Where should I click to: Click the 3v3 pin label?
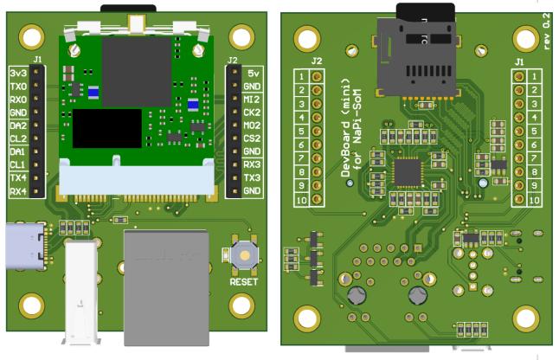(18, 73)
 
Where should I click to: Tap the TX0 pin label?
(18, 87)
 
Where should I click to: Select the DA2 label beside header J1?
(18, 125)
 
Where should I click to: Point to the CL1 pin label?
(18, 164)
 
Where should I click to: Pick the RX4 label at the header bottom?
(18, 191)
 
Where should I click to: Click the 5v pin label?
(254, 74)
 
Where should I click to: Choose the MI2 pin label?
(252, 100)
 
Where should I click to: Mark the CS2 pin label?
(252, 138)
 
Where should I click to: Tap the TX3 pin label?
(252, 177)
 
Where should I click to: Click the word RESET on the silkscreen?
(244, 282)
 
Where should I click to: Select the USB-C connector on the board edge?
(26, 246)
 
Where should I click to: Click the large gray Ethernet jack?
(166, 287)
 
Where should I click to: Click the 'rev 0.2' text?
(546, 31)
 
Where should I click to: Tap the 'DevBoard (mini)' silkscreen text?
(346, 128)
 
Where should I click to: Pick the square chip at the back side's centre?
(408, 172)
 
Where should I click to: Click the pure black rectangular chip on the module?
(107, 128)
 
